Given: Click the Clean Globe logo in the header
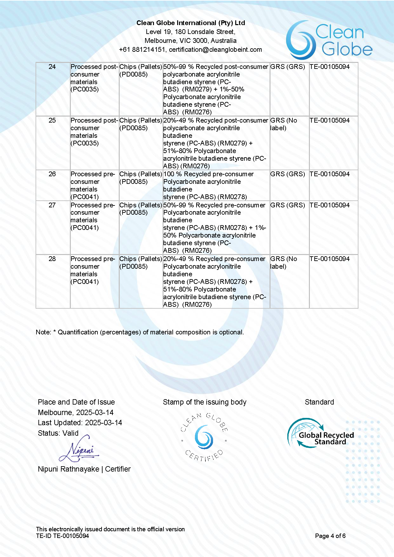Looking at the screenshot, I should coord(329,40).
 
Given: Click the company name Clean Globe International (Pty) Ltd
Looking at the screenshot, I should coord(190,23).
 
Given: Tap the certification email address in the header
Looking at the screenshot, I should coord(215,50).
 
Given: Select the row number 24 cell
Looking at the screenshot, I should coord(52,67).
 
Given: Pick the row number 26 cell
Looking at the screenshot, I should coord(52,174).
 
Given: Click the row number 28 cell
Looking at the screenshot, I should coord(52,259).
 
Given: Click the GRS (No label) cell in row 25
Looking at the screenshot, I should coord(284,124).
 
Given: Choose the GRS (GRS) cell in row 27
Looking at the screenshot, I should coord(287,205).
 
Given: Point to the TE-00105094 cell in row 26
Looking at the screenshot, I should coord(330,174).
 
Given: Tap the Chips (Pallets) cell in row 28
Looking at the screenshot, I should coord(141,259).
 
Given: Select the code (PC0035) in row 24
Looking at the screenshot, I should coord(85,89).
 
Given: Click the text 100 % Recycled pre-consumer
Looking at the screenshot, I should coord(208,174).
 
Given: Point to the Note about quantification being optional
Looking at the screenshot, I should coord(140,332).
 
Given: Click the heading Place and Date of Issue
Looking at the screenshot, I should coord(76,402).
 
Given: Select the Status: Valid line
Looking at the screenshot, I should coord(58,433).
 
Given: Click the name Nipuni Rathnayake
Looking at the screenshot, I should coord(68,469).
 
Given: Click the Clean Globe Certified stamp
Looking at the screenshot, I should coord(204,437).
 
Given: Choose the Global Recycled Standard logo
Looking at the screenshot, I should coord(321,434).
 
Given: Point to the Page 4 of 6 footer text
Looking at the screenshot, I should coord(330,536).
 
